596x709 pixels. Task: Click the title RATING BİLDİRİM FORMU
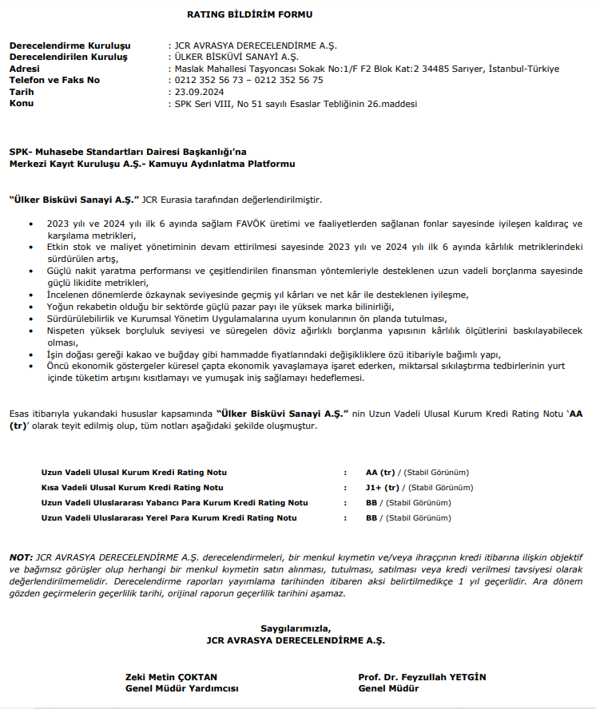(249, 14)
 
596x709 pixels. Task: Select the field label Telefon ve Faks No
(54, 80)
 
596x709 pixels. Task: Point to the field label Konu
(22, 104)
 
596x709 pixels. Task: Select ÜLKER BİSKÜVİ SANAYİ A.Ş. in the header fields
(236, 57)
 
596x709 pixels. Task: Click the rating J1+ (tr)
(382, 487)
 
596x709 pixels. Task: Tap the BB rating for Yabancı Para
(371, 502)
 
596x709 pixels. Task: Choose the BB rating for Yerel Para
(371, 518)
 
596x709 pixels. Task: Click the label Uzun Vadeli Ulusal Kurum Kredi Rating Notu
(133, 471)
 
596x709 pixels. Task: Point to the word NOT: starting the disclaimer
(21, 556)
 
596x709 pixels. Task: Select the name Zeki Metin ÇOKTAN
(171, 677)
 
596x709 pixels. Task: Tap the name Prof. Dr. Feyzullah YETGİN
(422, 677)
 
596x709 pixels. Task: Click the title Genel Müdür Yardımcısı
(181, 688)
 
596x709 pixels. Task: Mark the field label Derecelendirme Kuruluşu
(70, 46)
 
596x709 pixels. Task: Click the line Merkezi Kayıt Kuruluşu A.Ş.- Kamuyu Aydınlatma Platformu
(152, 164)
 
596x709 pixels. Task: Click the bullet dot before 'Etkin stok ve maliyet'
(31, 248)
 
